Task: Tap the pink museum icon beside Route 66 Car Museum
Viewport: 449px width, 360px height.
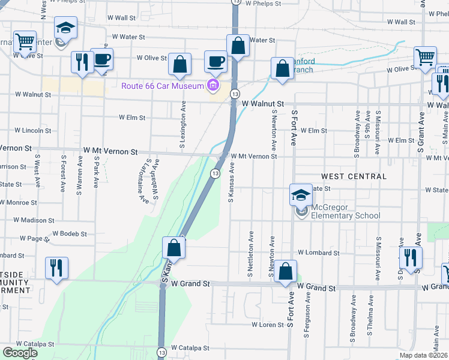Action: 212,86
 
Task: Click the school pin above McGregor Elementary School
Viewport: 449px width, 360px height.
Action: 301,196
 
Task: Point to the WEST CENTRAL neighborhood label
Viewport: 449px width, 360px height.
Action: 354,176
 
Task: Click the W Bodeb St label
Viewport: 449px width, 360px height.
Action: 70,233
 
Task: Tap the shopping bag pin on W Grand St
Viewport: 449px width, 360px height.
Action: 286,273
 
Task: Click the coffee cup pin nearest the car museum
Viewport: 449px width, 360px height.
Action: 216,61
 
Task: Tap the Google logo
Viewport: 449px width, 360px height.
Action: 20,353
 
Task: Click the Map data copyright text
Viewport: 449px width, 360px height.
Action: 424,355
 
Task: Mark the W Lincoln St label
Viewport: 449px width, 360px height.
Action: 32,130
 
